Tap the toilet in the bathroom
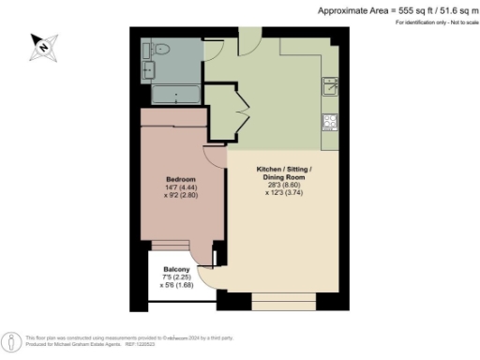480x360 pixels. pos(160,51)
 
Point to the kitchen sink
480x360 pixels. pos(330,87)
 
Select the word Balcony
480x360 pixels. pos(177,269)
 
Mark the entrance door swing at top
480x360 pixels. pos(249,39)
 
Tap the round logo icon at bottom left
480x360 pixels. pos(8,340)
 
